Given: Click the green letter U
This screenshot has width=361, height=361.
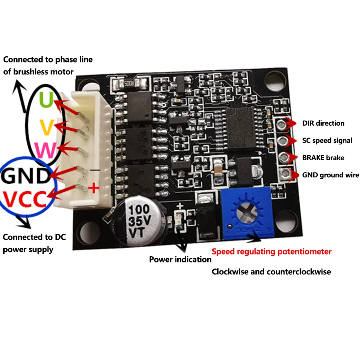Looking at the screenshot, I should [46, 100].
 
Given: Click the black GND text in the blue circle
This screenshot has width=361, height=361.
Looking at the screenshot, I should [25, 176].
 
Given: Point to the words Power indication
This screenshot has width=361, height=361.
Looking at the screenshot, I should [180, 259].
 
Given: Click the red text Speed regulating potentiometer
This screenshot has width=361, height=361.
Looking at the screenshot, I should [271, 252].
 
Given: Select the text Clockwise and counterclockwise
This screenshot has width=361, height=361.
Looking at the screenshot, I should [271, 272].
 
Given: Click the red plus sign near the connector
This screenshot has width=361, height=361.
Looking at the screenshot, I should [93, 188].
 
